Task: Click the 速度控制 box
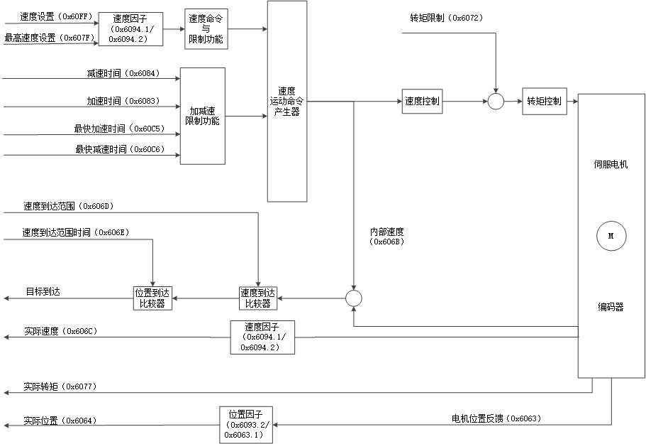pyautogui.click(x=422, y=102)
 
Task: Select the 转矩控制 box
pyautogui.click(x=544, y=102)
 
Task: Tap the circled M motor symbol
pyautogui.click(x=611, y=237)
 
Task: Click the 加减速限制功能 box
pyautogui.click(x=202, y=116)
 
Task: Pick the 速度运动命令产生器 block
pyautogui.click(x=287, y=102)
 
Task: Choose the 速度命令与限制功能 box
pyautogui.click(x=206, y=29)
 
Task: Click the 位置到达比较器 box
pyautogui.click(x=153, y=298)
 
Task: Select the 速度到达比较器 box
pyautogui.click(x=257, y=298)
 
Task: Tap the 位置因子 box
pyautogui.click(x=245, y=425)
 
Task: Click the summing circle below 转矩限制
pyautogui.click(x=496, y=102)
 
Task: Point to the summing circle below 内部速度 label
pyautogui.click(x=353, y=298)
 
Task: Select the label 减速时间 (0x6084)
pyautogui.click(x=122, y=73)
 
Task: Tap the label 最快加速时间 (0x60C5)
pyautogui.click(x=118, y=129)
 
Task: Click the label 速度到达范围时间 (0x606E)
pyautogui.click(x=75, y=232)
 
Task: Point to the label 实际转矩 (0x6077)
pyautogui.click(x=60, y=386)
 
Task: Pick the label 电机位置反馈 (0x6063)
pyautogui.click(x=496, y=418)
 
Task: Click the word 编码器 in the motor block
pyautogui.click(x=610, y=307)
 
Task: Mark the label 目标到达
pyautogui.click(x=43, y=291)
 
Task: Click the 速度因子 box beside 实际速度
pyautogui.click(x=262, y=337)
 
